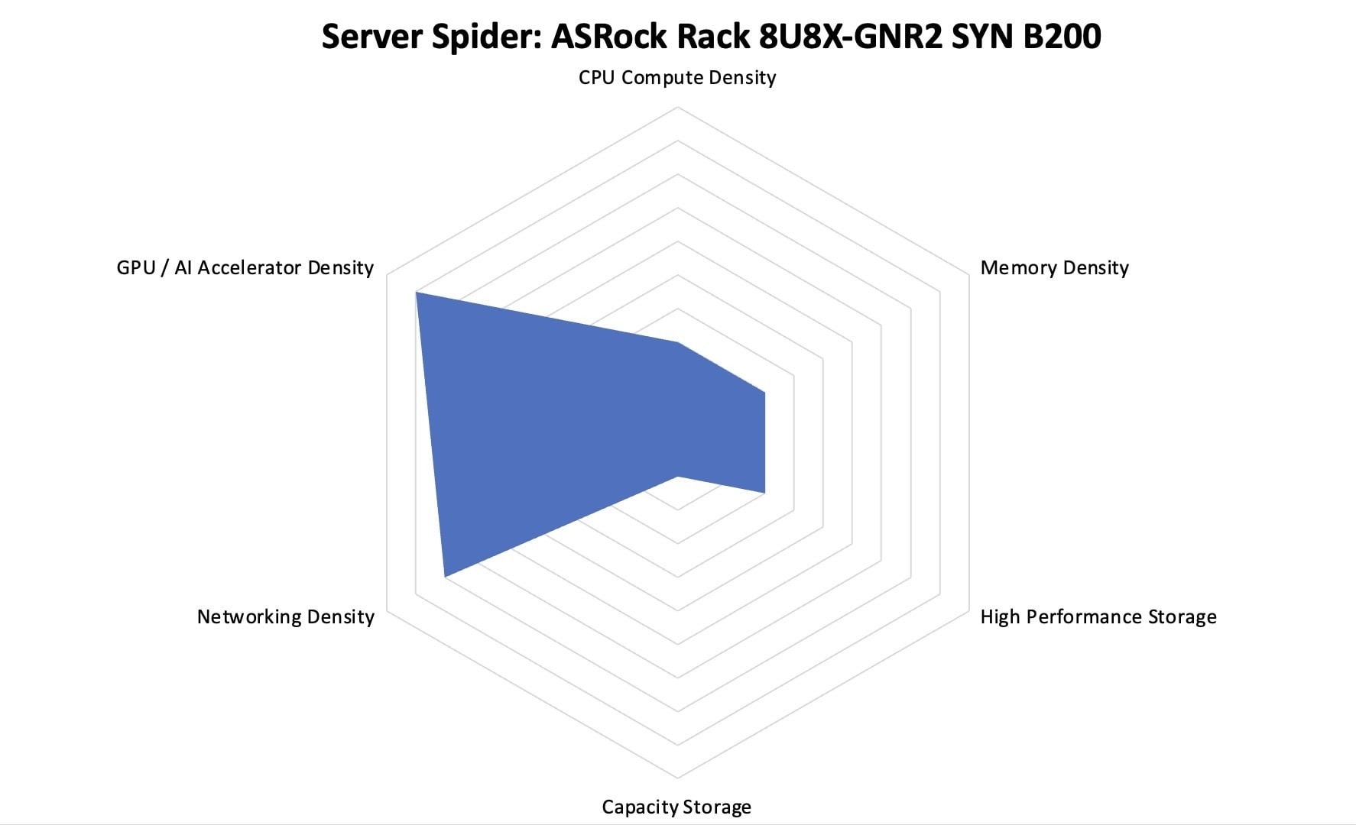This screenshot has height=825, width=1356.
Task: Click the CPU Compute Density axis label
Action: click(677, 78)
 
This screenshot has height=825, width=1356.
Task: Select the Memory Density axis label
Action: click(1054, 268)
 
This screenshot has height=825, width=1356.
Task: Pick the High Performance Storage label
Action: click(1098, 617)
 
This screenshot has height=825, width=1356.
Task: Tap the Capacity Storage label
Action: click(676, 807)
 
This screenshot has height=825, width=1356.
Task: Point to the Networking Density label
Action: click(286, 617)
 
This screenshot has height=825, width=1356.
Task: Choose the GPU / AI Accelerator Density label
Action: click(245, 268)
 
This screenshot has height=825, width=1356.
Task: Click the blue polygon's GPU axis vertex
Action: click(416, 292)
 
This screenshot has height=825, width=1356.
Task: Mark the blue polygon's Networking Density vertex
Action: click(445, 576)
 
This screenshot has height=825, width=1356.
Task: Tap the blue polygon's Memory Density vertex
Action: click(764, 393)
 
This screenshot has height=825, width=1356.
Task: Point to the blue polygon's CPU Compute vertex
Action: click(677, 342)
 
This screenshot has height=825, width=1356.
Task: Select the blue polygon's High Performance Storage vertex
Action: click(764, 493)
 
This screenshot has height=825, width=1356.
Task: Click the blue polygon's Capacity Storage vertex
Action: click(677, 477)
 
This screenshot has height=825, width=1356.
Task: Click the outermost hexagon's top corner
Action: click(677, 108)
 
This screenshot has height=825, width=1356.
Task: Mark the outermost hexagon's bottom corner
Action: click(677, 778)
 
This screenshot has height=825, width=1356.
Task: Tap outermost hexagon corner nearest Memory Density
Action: click(968, 275)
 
